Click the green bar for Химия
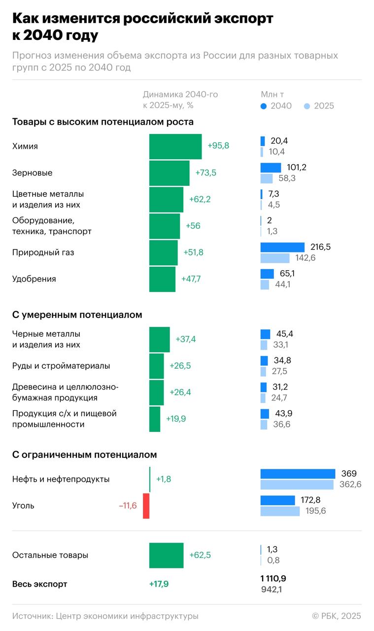tap(175, 146)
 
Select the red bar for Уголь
tap(146, 506)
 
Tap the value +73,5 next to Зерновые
tap(206, 173)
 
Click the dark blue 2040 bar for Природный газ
tap(282, 247)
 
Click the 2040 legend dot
tap(264, 106)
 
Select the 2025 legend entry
tap(319, 106)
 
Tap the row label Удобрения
tap(34, 279)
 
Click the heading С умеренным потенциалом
tap(77, 315)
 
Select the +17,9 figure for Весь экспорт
tap(159, 584)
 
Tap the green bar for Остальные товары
tap(166, 555)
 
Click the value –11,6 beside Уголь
tap(128, 506)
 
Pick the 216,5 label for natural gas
tap(320, 246)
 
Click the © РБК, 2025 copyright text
tap(337, 616)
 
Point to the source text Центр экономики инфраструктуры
tap(127, 616)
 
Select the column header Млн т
tap(272, 94)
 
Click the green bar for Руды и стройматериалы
tap(156, 366)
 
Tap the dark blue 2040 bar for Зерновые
tap(271, 168)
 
